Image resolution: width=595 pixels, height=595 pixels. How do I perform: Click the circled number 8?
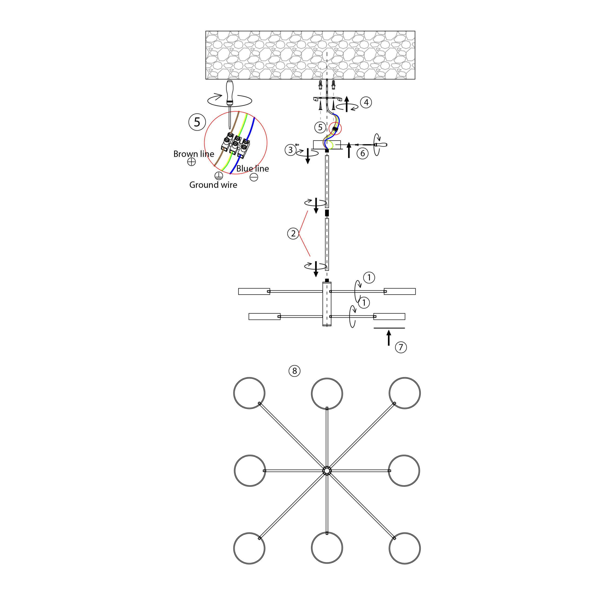[294, 371]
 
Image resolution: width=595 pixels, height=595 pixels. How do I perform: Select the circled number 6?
[363, 153]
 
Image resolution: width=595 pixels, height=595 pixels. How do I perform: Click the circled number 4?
[366, 102]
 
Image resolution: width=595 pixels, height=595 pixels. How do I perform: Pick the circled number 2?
[293, 233]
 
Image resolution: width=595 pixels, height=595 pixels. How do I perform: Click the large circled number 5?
[197, 122]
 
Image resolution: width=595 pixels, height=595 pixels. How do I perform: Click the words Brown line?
[194, 154]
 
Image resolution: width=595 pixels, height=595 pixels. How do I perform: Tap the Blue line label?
[253, 169]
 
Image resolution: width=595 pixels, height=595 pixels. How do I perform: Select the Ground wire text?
[213, 185]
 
